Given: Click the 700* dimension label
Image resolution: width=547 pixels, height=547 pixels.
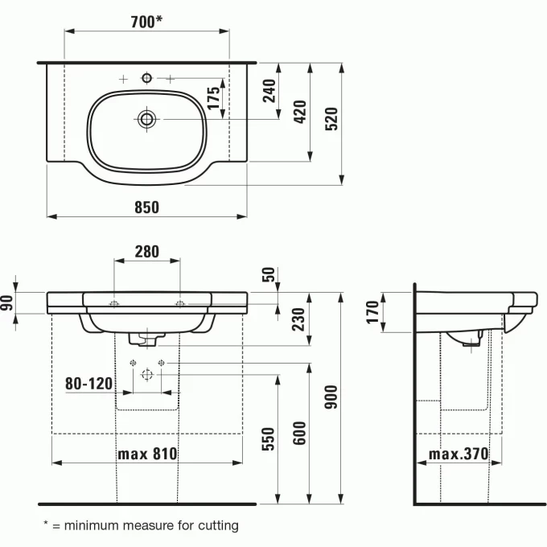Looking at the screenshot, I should point(147,22).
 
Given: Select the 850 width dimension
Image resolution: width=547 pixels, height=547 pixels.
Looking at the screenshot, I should point(146,207).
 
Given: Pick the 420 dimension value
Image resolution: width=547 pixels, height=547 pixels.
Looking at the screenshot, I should point(301,111).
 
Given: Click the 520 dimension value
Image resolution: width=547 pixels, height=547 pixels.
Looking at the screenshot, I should point(331,119).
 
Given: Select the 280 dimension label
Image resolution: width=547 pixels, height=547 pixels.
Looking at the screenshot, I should point(146,252).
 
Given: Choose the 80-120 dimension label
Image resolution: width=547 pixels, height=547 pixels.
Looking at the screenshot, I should point(88,384).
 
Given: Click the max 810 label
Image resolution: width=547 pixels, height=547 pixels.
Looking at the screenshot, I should point(147,454).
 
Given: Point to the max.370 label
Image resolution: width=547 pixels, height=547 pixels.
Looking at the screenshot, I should point(458,454).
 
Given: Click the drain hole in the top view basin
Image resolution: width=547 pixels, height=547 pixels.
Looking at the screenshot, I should point(146,119).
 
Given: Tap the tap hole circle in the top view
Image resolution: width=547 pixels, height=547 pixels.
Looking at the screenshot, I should point(146,78).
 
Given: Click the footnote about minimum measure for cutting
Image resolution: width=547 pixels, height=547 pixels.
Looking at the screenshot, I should point(141,525).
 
